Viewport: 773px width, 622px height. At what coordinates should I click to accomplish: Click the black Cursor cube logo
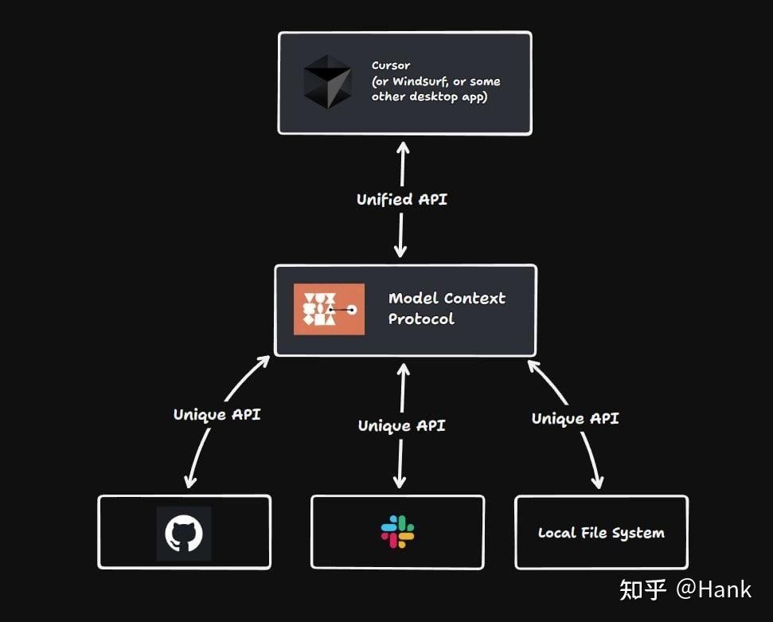(327, 82)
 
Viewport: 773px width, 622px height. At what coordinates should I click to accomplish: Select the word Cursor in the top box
(391, 65)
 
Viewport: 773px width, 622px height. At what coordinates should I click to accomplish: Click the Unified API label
(402, 199)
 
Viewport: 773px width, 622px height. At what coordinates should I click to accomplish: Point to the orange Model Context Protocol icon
(329, 309)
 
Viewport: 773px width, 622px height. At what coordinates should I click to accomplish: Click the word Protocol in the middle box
(421, 319)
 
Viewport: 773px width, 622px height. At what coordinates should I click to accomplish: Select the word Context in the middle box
(474, 299)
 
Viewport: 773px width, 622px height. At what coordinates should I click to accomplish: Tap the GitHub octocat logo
(184, 533)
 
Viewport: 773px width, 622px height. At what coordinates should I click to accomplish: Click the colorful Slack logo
(397, 532)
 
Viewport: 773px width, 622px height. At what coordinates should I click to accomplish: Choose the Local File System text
(601, 533)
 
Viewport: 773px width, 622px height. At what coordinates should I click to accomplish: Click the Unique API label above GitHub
(217, 414)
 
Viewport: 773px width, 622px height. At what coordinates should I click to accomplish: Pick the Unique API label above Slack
(401, 425)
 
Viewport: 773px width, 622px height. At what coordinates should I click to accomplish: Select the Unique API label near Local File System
(575, 418)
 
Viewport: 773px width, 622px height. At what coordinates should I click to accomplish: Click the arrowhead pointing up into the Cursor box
(403, 147)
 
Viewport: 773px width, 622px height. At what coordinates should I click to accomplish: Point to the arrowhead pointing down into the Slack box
(400, 482)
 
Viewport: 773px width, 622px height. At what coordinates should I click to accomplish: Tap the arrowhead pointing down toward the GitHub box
(190, 481)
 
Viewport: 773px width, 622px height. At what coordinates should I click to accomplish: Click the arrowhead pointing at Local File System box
(597, 482)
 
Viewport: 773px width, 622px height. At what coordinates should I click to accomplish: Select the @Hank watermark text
(713, 589)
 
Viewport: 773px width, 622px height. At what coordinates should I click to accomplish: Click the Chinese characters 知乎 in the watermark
(643, 589)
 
